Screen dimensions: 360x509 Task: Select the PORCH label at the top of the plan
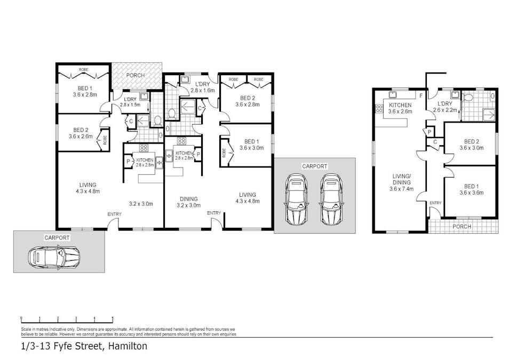135,75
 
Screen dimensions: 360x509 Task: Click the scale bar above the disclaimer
67,319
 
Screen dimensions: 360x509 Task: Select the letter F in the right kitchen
421,96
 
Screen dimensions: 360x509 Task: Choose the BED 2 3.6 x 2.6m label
81,133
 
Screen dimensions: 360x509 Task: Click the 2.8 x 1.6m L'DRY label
203,87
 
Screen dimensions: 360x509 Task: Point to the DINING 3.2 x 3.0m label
188,201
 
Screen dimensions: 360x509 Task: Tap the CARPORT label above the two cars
314,166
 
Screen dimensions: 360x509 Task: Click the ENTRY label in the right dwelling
435,203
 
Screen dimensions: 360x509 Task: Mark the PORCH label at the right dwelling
462,227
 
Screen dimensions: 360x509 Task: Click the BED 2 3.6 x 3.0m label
471,144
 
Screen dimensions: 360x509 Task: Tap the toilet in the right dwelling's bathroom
468,98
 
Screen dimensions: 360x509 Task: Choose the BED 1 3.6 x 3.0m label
252,145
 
